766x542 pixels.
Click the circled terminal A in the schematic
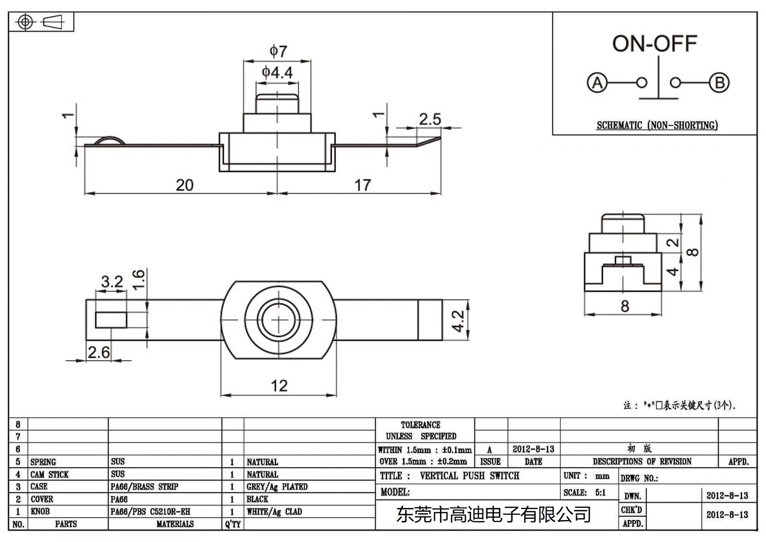(x=597, y=83)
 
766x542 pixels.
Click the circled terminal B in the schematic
(x=719, y=83)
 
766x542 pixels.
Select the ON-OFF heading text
(x=654, y=44)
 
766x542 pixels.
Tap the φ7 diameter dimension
(x=278, y=51)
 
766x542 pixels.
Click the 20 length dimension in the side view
(x=184, y=185)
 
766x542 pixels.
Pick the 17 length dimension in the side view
(x=362, y=185)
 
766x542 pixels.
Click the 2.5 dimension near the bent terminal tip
(x=429, y=119)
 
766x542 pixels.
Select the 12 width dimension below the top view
(x=279, y=386)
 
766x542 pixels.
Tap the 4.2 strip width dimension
(x=458, y=321)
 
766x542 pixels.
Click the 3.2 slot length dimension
(x=112, y=281)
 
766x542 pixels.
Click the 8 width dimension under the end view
(x=624, y=306)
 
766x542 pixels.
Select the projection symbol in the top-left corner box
(x=41, y=22)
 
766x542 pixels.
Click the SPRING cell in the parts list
(x=43, y=462)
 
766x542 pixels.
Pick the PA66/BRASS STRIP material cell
(x=144, y=487)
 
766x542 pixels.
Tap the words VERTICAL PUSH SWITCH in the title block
(x=469, y=476)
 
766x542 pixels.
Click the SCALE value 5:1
(x=600, y=493)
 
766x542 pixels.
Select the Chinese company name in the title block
(x=493, y=515)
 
